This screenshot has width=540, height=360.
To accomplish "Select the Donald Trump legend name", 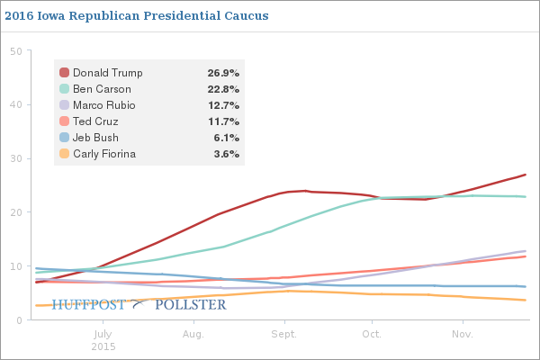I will tap(107, 73).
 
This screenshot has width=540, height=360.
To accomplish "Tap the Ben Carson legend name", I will tap(101, 89).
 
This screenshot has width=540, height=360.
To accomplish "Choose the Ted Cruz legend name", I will tap(95, 121).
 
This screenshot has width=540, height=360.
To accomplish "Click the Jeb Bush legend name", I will tap(96, 138).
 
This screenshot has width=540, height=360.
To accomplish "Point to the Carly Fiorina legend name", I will tap(103, 154).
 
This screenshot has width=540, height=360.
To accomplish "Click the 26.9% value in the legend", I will tap(223, 73).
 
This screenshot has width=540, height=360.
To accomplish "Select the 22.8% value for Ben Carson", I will tap(223, 89).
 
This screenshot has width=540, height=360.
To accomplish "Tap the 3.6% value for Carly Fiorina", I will tap(226, 154).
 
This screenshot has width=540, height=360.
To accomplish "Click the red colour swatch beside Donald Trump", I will tap(64, 73).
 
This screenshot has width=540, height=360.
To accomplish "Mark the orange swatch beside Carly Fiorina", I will tap(64, 154).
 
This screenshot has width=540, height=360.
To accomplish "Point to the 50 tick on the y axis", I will tap(15, 50).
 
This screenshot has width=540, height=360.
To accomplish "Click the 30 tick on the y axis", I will tap(15, 158).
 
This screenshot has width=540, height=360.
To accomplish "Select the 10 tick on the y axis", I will tap(15, 266).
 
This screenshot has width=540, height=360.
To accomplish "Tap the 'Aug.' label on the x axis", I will tap(193, 335).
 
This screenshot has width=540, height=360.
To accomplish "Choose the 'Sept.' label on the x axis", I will tap(284, 335).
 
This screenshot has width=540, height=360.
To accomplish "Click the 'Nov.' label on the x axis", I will tap(463, 335).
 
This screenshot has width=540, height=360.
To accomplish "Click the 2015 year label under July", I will tap(103, 346).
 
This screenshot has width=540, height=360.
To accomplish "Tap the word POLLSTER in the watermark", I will tap(191, 305).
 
